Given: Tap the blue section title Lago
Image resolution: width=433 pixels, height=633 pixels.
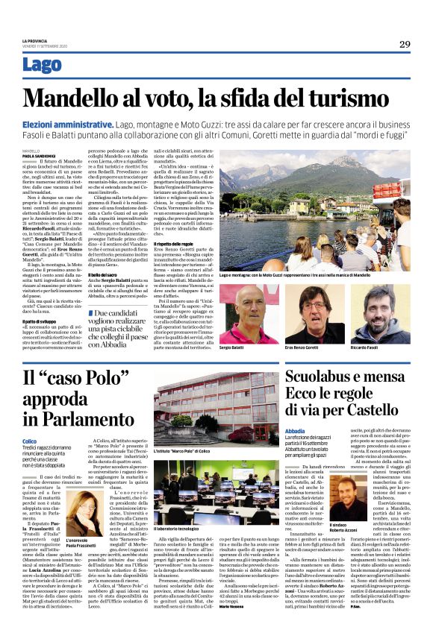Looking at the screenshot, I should coord(43,66).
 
